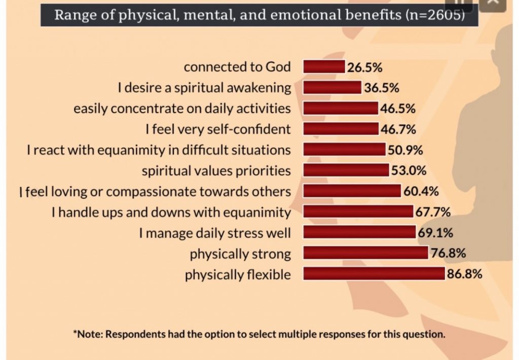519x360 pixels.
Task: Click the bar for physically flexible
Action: [374, 274]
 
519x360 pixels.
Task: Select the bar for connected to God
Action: [324, 66]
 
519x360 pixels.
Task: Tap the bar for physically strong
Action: [365, 253]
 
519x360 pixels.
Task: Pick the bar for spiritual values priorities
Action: [346, 170]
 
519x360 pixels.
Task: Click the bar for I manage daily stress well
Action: [359, 232]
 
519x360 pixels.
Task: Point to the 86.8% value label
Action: [464, 274]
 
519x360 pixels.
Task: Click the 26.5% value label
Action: [365, 66]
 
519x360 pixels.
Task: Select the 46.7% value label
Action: [398, 129]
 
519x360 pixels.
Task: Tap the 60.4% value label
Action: [421, 191]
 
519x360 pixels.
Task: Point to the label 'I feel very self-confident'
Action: [218, 129]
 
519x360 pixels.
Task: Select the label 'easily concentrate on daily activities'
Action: [182, 109]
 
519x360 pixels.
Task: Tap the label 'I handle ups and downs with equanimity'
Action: [171, 211]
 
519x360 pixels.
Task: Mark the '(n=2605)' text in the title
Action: [435, 14]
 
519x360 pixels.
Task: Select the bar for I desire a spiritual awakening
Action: [332, 88]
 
